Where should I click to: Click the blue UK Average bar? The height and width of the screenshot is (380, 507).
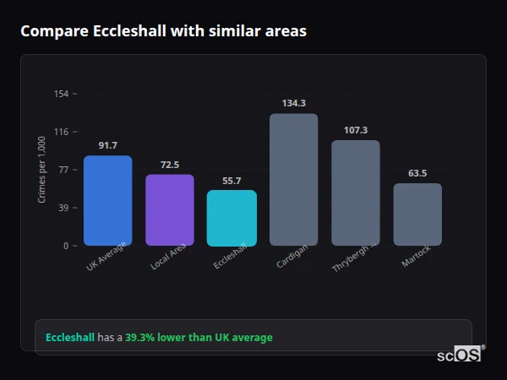[x=107, y=200]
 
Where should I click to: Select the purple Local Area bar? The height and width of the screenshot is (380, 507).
[x=170, y=209]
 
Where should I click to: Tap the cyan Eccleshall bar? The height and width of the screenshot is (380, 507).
[x=232, y=217]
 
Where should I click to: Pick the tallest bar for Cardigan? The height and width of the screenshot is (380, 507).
[x=293, y=179]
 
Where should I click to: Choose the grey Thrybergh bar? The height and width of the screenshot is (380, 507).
[x=356, y=193]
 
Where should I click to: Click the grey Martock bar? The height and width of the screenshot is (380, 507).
[x=417, y=214]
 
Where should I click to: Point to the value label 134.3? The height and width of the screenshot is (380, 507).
[x=293, y=103]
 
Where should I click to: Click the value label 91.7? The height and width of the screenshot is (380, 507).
[x=107, y=145]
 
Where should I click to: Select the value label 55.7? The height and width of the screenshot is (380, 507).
[x=232, y=181]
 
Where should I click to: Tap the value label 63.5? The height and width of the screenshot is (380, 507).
[x=417, y=173]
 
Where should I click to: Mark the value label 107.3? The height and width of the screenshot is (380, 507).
[x=356, y=130]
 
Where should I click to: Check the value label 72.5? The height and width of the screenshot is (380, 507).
[x=170, y=165]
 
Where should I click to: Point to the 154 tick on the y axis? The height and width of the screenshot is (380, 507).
[x=61, y=94]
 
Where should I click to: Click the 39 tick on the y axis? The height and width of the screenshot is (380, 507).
[x=63, y=208]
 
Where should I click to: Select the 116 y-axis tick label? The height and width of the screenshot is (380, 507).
[x=61, y=132]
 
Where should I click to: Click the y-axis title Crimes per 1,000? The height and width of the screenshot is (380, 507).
[x=41, y=170]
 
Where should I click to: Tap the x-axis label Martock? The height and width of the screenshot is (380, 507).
[x=416, y=257]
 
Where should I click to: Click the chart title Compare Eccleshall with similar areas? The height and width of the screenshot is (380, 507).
[x=163, y=31]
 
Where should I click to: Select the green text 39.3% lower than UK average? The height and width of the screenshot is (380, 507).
[x=199, y=338]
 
